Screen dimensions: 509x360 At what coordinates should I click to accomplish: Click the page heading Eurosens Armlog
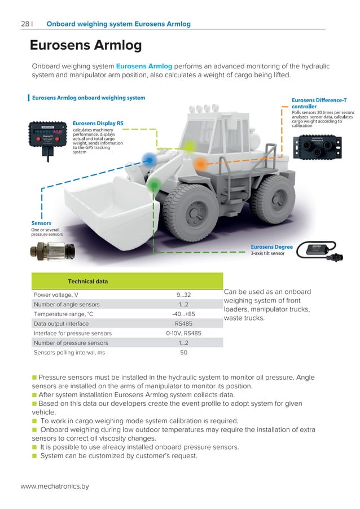click(85, 45)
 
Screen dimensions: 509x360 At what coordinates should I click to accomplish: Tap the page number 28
click(25, 24)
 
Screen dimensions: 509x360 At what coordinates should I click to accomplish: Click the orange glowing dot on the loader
click(200, 164)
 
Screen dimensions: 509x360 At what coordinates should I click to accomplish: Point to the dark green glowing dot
click(153, 185)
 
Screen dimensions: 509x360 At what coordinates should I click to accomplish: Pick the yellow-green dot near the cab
click(190, 146)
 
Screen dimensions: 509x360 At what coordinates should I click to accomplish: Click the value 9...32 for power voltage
click(184, 295)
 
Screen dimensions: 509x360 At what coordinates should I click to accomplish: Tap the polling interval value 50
click(184, 352)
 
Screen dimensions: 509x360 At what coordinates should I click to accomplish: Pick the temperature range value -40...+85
click(184, 314)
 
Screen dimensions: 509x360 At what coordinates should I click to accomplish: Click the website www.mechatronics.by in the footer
click(55, 486)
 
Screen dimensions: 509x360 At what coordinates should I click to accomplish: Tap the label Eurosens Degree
click(271, 247)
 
